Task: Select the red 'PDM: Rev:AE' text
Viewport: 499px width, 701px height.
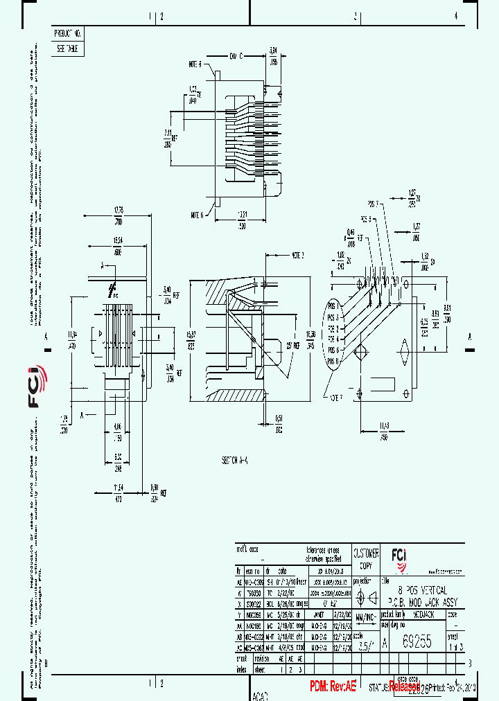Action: tap(332, 685)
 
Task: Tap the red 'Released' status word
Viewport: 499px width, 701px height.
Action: tap(404, 686)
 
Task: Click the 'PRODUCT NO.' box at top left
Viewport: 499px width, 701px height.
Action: tap(67, 33)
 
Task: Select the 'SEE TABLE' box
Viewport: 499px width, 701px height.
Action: tap(67, 49)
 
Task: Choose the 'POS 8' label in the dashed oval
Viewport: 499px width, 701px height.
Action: tap(333, 362)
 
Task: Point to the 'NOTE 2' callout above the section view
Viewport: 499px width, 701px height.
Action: tap(298, 254)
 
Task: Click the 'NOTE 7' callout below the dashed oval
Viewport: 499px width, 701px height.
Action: tap(336, 398)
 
